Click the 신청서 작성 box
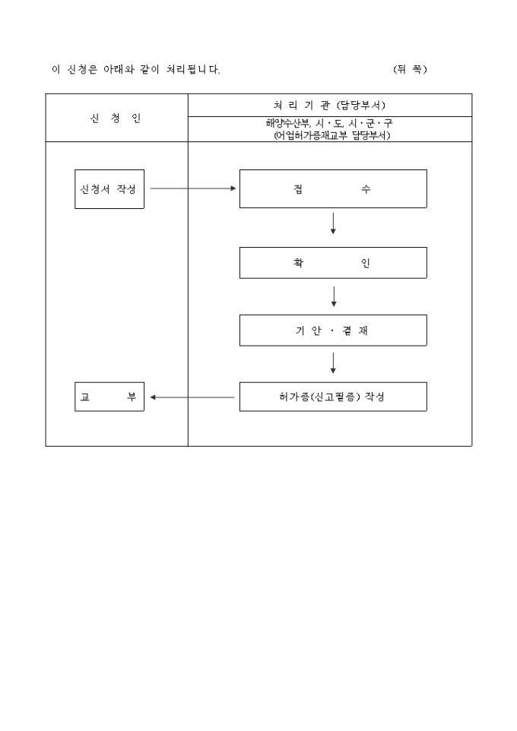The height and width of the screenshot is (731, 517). click(109, 188)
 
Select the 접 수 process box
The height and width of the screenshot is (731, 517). click(333, 188)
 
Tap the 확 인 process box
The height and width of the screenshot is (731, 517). click(333, 263)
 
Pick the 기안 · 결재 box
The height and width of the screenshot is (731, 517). click(333, 331)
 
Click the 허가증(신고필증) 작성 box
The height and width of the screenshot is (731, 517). click(333, 397)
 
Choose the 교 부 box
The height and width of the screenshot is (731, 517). click(109, 397)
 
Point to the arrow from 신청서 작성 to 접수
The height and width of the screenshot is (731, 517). click(193, 188)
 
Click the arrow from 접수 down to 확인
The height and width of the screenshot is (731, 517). click(333, 223)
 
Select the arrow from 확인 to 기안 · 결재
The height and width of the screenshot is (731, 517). click(333, 296)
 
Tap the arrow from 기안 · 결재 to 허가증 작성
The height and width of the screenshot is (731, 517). click(333, 364)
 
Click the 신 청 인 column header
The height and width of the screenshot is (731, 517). click(116, 119)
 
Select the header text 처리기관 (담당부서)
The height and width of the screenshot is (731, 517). click(329, 105)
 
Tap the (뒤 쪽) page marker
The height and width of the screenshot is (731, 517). click(411, 69)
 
